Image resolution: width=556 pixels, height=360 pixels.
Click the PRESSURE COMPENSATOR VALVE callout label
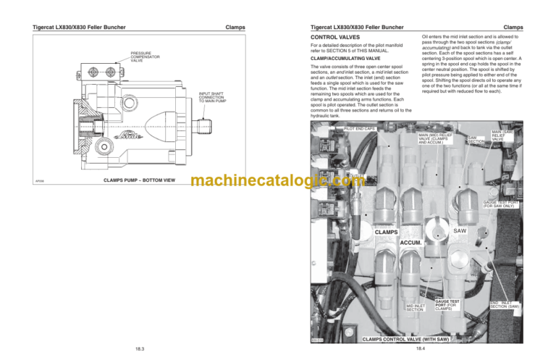point(142,56)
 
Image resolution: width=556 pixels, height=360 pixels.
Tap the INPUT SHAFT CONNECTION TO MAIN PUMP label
point(211,96)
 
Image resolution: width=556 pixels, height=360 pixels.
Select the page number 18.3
point(140,350)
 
